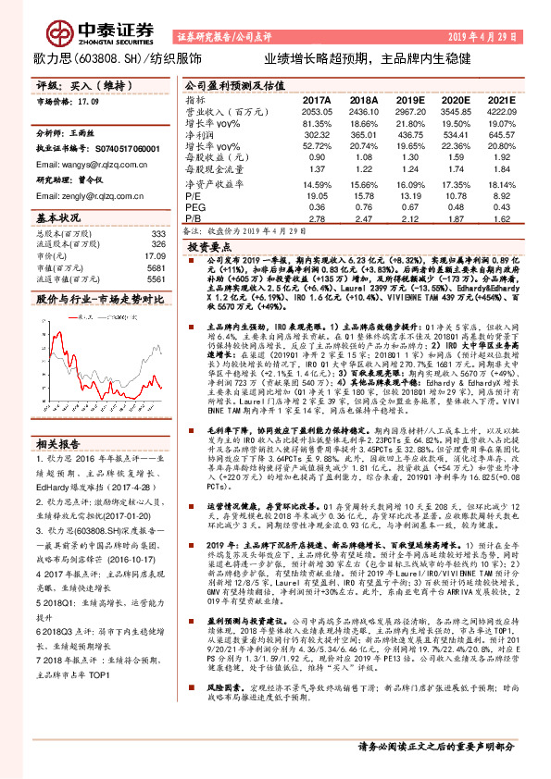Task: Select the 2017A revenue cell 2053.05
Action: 317,110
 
